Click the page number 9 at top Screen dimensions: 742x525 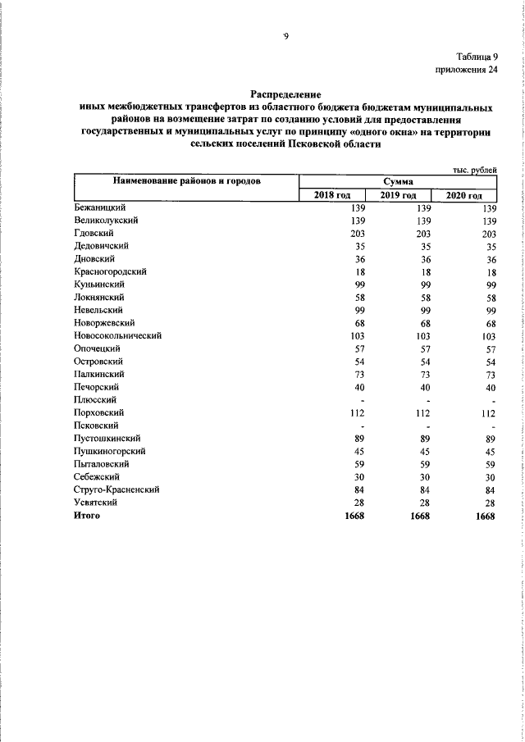point(285,37)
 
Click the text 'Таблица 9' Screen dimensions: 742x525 point(477,57)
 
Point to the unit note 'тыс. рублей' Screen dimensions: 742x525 point(474,170)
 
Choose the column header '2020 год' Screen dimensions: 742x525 point(464,195)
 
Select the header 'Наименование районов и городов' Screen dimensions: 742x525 point(185,181)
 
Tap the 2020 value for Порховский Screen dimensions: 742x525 point(489,413)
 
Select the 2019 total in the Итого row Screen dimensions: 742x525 point(418,516)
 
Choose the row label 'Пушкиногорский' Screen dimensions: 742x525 point(110,451)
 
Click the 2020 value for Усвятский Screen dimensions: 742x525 point(491,503)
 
